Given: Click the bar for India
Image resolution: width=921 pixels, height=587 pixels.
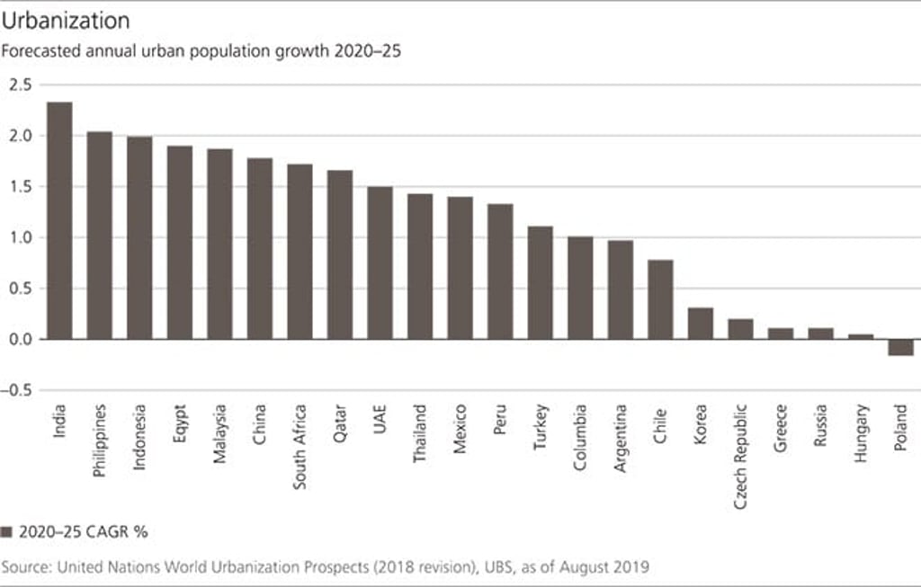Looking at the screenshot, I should pyautogui.click(x=59, y=220).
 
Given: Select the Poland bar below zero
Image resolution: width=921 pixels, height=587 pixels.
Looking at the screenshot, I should pyautogui.click(x=900, y=347).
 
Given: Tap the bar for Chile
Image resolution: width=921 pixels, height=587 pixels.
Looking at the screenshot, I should pyautogui.click(x=660, y=299).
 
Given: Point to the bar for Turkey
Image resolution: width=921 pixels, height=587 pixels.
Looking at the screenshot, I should pyautogui.click(x=540, y=282).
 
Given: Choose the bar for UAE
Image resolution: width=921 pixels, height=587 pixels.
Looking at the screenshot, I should pyautogui.click(x=380, y=262).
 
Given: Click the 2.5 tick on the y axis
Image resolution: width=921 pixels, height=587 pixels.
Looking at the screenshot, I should pyautogui.click(x=20, y=84).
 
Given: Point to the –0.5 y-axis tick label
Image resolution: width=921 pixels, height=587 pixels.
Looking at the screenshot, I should pyautogui.click(x=17, y=391).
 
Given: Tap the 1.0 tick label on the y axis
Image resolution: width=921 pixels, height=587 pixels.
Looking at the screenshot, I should pyautogui.click(x=20, y=238).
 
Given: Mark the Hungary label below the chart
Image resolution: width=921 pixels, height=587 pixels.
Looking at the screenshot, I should pyautogui.click(x=861, y=434).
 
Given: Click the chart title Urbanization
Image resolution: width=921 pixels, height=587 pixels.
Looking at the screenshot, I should pyautogui.click(x=67, y=20).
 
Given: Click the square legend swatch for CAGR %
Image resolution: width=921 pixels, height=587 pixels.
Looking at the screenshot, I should pyautogui.click(x=7, y=531).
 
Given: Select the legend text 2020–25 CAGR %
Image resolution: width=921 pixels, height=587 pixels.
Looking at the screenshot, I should pyautogui.click(x=83, y=531).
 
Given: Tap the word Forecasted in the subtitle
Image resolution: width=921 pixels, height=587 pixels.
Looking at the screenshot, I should pyautogui.click(x=40, y=50).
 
